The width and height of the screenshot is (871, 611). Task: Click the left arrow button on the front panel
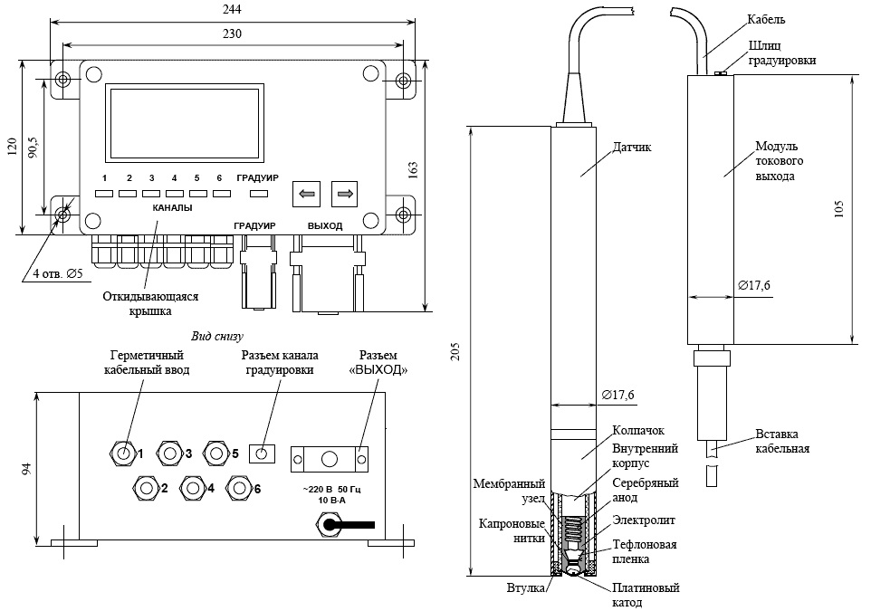(306, 194)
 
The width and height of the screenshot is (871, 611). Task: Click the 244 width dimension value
(232, 9)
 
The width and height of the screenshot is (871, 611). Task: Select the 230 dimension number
(232, 33)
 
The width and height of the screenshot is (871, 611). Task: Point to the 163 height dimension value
(413, 170)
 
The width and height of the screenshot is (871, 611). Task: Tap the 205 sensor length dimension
(456, 351)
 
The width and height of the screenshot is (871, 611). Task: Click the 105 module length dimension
(838, 209)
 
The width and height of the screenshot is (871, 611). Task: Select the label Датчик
(632, 148)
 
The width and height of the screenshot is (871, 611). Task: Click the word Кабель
(766, 20)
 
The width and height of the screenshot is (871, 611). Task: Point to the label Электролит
(644, 520)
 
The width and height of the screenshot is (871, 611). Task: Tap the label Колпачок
(638, 431)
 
